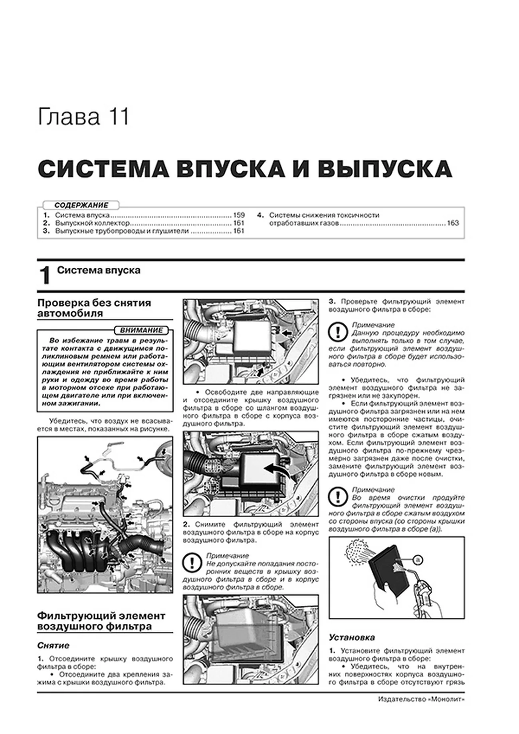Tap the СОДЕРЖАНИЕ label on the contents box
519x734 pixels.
pyautogui.click(x=81, y=205)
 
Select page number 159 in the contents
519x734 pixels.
pyautogui.click(x=238, y=215)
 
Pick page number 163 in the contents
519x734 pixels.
pyautogui.click(x=453, y=223)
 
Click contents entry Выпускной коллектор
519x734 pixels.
pyautogui.click(x=92, y=223)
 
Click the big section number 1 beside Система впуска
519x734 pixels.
pyautogui.click(x=45, y=276)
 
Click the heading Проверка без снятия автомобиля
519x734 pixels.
pyautogui.click(x=94, y=308)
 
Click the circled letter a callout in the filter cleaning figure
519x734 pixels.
pyautogui.click(x=418, y=560)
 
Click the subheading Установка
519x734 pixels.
pyautogui.click(x=352, y=637)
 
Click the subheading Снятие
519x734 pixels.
pyautogui.click(x=53, y=645)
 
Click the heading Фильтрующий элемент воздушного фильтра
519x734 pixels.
pyautogui.click(x=101, y=621)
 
